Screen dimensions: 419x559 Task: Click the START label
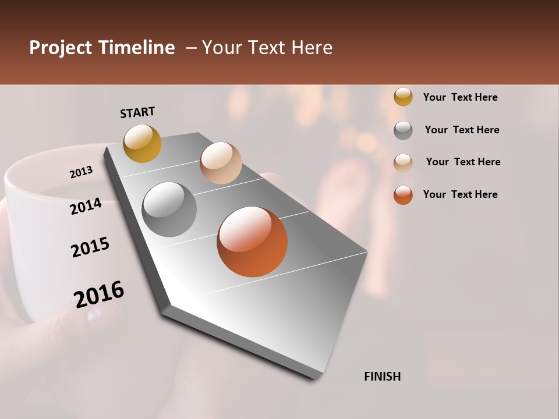click(137, 112)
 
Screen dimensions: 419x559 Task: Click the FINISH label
click(382, 377)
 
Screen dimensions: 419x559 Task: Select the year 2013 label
click(81, 172)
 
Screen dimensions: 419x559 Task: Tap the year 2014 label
click(86, 206)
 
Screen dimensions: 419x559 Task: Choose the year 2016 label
click(99, 294)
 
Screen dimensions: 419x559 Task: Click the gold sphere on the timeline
click(142, 143)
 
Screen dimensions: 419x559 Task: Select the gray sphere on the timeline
click(169, 210)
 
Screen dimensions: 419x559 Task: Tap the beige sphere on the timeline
click(221, 163)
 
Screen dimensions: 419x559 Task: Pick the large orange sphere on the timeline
click(252, 242)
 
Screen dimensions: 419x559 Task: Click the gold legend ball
click(403, 97)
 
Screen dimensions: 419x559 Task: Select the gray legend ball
click(403, 130)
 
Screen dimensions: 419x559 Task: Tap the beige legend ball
click(403, 162)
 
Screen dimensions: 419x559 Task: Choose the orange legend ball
click(403, 195)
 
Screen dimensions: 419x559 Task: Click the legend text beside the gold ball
click(460, 97)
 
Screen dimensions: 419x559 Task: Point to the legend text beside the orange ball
click(460, 194)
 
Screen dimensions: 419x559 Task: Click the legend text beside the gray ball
click(462, 130)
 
